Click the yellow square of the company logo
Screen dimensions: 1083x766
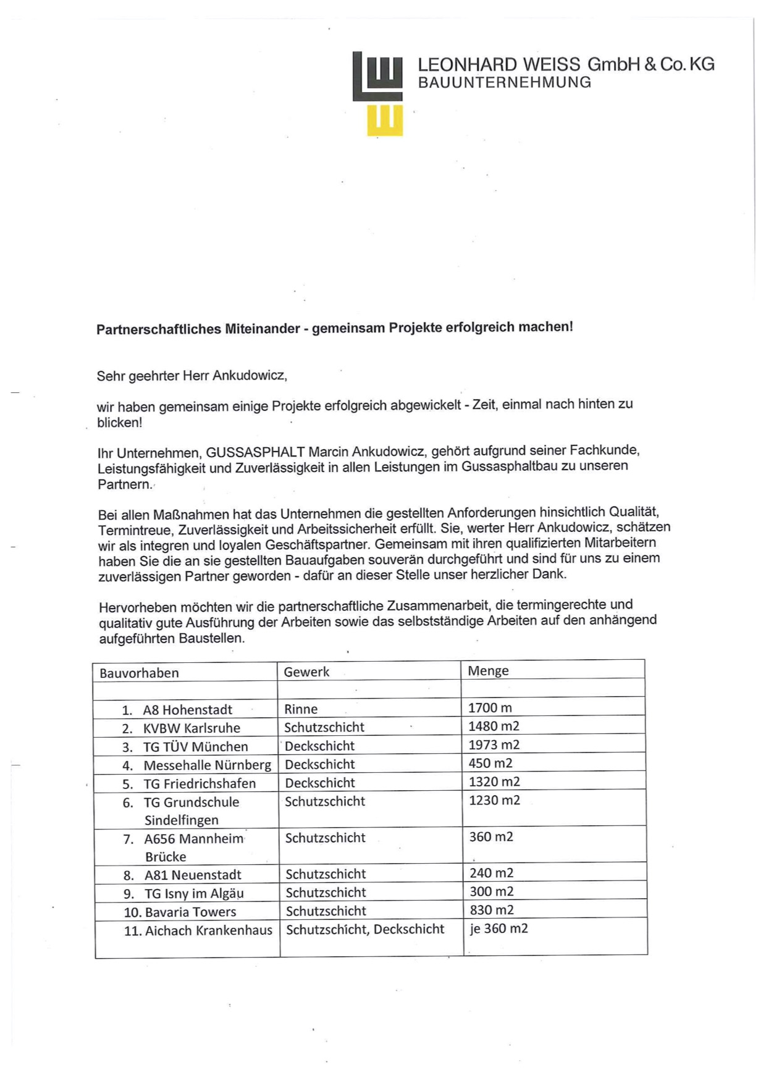[x=385, y=120]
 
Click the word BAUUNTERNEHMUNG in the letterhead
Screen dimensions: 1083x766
[x=505, y=83]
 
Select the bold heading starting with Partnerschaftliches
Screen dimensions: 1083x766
[x=334, y=328]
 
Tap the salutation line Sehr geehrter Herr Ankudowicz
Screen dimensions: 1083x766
[x=192, y=376]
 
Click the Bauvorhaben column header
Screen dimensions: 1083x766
[x=139, y=673]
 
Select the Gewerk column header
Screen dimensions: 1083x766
[x=306, y=672]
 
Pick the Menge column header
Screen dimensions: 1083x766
[x=488, y=671]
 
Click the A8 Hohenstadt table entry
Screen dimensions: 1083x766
[x=187, y=710]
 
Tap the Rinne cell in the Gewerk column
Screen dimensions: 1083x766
[x=301, y=709]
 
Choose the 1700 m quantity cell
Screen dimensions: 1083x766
[x=490, y=708]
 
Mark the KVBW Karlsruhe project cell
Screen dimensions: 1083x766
[x=192, y=728]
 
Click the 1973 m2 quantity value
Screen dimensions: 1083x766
[x=494, y=745]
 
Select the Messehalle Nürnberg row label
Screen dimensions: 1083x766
[x=207, y=765]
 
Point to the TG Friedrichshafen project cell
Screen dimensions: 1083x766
[x=200, y=784]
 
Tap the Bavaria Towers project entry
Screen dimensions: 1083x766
[x=190, y=912]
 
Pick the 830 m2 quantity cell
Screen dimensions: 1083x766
[x=492, y=910]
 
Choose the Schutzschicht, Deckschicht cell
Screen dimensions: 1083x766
[x=365, y=929]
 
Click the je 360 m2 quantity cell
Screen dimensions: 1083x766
[x=499, y=929]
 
